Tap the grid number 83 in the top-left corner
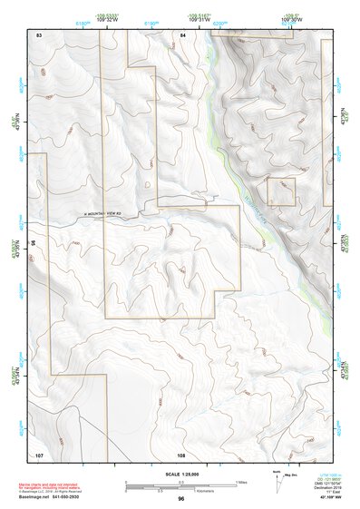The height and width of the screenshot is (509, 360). [39, 34]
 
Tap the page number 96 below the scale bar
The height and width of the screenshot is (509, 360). [181, 499]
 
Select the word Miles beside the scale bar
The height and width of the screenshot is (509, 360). [241, 482]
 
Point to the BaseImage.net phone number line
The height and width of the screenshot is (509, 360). [49, 497]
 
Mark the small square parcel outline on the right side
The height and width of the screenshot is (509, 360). [280, 191]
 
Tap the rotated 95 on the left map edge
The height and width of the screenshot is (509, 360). [32, 243]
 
